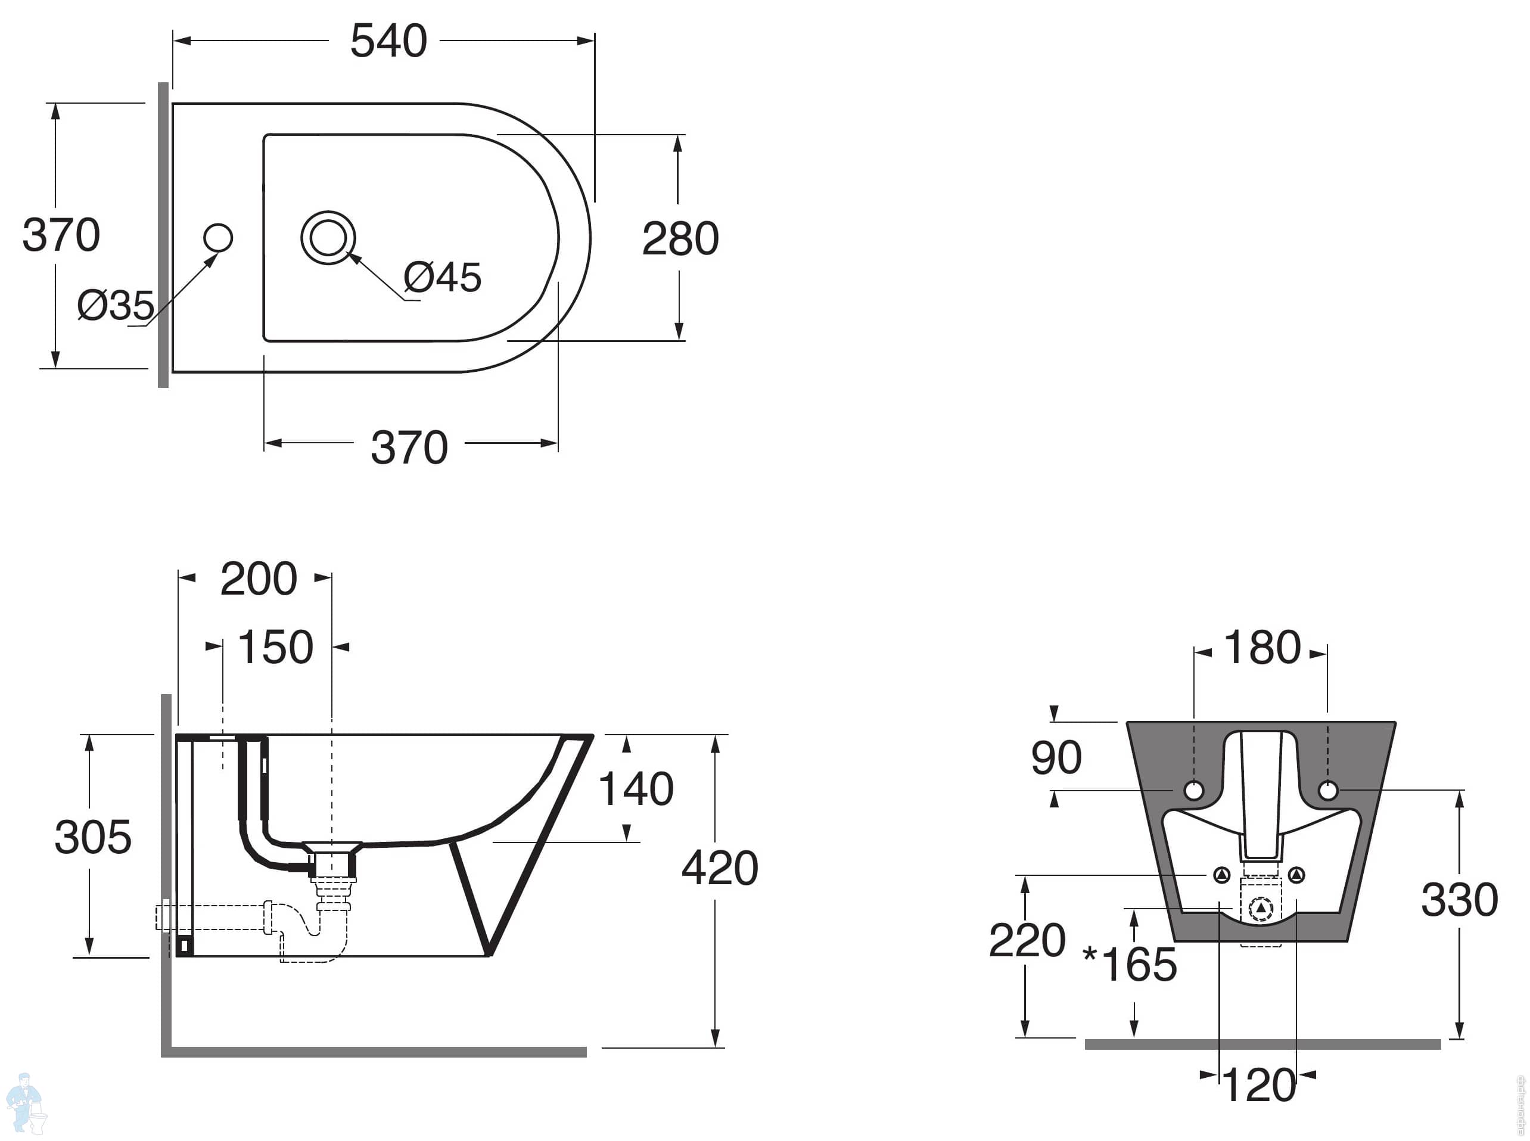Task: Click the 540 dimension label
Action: point(388,42)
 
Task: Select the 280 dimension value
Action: point(680,239)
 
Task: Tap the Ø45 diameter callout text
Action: point(442,278)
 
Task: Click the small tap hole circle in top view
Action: point(218,238)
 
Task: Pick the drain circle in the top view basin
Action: point(328,238)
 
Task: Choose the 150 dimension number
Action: point(275,648)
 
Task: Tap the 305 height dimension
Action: point(92,838)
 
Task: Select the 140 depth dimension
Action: point(636,789)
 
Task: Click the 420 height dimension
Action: point(720,868)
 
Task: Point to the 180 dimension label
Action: point(1262,648)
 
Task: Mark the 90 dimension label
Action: point(1056,758)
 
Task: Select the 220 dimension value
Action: point(1027,941)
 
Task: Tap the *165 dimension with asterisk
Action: point(1130,965)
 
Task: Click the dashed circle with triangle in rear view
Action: point(1261,908)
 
